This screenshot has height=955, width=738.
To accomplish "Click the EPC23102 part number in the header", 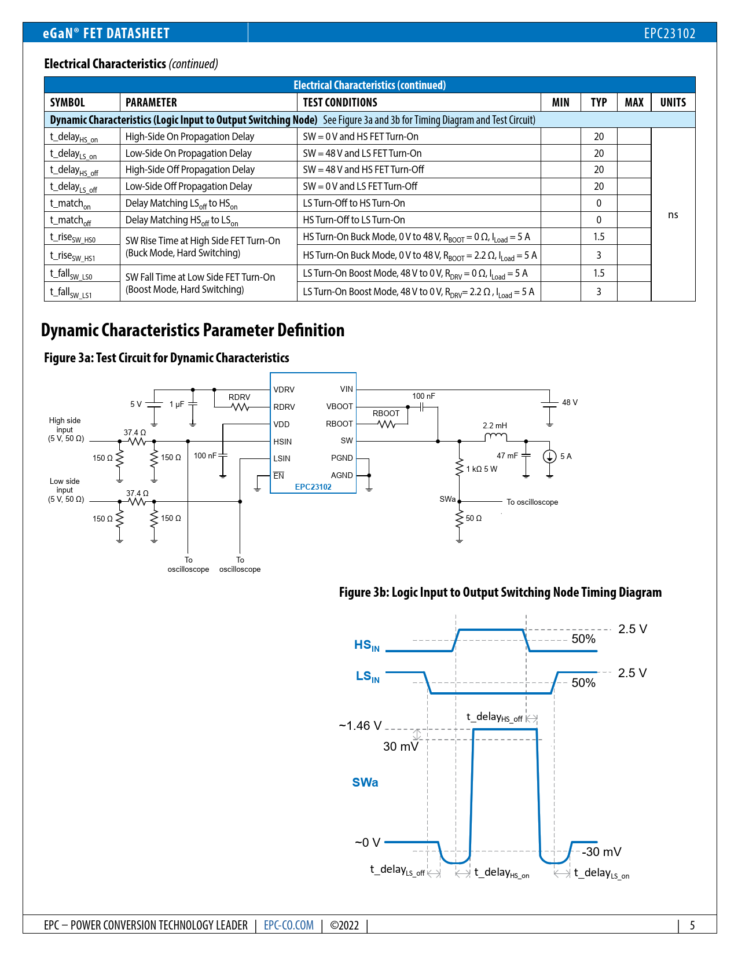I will [x=669, y=33].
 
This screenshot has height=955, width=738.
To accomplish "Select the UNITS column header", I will [x=673, y=102].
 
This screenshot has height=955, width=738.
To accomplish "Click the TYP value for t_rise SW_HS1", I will [x=599, y=255].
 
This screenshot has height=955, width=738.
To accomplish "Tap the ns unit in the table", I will [x=673, y=215].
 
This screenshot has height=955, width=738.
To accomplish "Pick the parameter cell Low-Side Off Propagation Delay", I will [x=189, y=186].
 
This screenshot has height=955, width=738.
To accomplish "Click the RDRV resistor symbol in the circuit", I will [x=240, y=407].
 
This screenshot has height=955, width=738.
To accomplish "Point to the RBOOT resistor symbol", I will [x=386, y=424].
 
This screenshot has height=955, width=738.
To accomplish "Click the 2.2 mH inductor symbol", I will [x=495, y=437].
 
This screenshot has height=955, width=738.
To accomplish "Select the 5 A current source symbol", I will [x=549, y=457].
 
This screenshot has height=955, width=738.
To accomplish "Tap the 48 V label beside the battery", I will [x=570, y=402].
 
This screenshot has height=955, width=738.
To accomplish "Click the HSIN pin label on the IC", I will [x=282, y=442].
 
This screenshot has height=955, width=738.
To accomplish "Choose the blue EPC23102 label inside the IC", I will [x=313, y=487].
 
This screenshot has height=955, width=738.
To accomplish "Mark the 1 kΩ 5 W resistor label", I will [x=482, y=469].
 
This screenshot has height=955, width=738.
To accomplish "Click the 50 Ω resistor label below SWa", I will [x=473, y=519].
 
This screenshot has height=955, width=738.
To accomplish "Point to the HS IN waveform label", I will [x=367, y=645].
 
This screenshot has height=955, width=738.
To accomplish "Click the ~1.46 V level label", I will [x=360, y=726].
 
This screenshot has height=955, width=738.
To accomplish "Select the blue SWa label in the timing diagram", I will [x=365, y=783].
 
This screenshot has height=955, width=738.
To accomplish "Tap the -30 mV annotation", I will [x=601, y=852].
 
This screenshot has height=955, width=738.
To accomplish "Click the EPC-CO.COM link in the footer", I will [x=289, y=925].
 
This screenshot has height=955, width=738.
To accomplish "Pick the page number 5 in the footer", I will [x=692, y=925].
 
